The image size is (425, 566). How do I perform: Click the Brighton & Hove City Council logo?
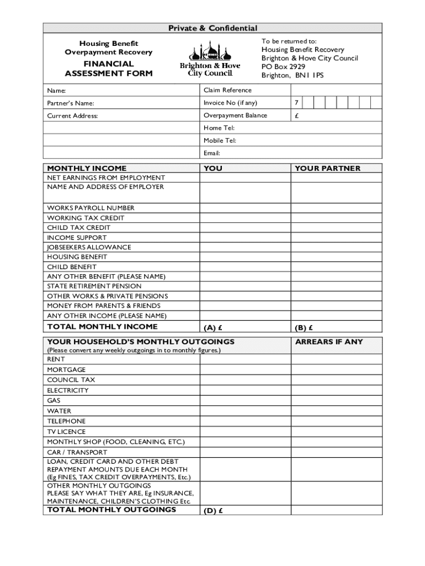pos(210,60)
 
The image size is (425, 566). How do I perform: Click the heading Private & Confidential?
pos(213,28)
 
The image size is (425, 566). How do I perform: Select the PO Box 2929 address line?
pos(283,66)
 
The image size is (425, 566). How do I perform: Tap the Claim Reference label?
pos(227,90)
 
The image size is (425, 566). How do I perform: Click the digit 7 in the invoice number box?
pos(296,103)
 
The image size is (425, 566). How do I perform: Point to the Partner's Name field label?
pos(71,103)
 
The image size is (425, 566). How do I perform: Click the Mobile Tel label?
pos(220,140)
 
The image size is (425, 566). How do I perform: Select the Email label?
pos(212,153)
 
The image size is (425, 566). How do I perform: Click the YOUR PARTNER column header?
pos(327,169)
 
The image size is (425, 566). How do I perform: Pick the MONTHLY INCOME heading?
pos(87,169)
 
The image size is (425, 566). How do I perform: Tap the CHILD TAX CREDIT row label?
pos(78,228)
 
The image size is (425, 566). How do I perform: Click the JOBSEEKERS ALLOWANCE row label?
pos(89,247)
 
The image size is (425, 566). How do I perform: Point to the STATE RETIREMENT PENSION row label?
pos(94,286)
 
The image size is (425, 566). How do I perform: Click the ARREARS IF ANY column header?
pos(329,342)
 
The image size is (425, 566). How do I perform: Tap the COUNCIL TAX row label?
pos(71,380)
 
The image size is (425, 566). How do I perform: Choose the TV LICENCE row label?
pos(66,432)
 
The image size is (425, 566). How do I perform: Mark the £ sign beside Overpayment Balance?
pos(296,116)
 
